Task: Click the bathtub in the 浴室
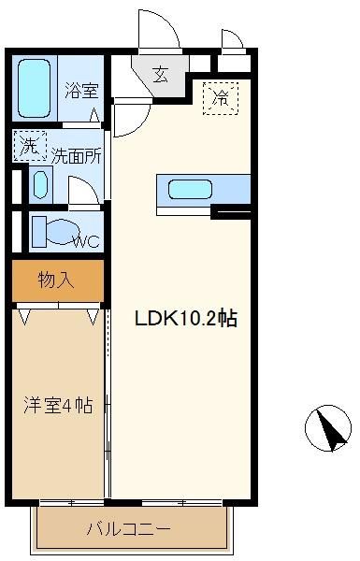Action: tap(34, 89)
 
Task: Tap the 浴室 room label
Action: tap(81, 90)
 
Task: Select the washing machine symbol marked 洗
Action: tap(30, 146)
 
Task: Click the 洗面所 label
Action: tap(77, 155)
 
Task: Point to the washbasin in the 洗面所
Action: tap(40, 184)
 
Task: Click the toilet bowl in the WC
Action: tap(63, 232)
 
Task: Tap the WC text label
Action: tap(86, 241)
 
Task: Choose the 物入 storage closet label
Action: tap(56, 280)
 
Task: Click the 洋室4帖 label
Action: tap(58, 406)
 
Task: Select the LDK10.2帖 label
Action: tap(186, 318)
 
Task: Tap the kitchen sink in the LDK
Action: tap(190, 189)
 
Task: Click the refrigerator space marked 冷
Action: tap(221, 98)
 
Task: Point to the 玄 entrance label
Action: tap(160, 75)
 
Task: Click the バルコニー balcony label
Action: tap(129, 528)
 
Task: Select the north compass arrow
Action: tap(329, 428)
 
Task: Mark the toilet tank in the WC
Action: tap(39, 232)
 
